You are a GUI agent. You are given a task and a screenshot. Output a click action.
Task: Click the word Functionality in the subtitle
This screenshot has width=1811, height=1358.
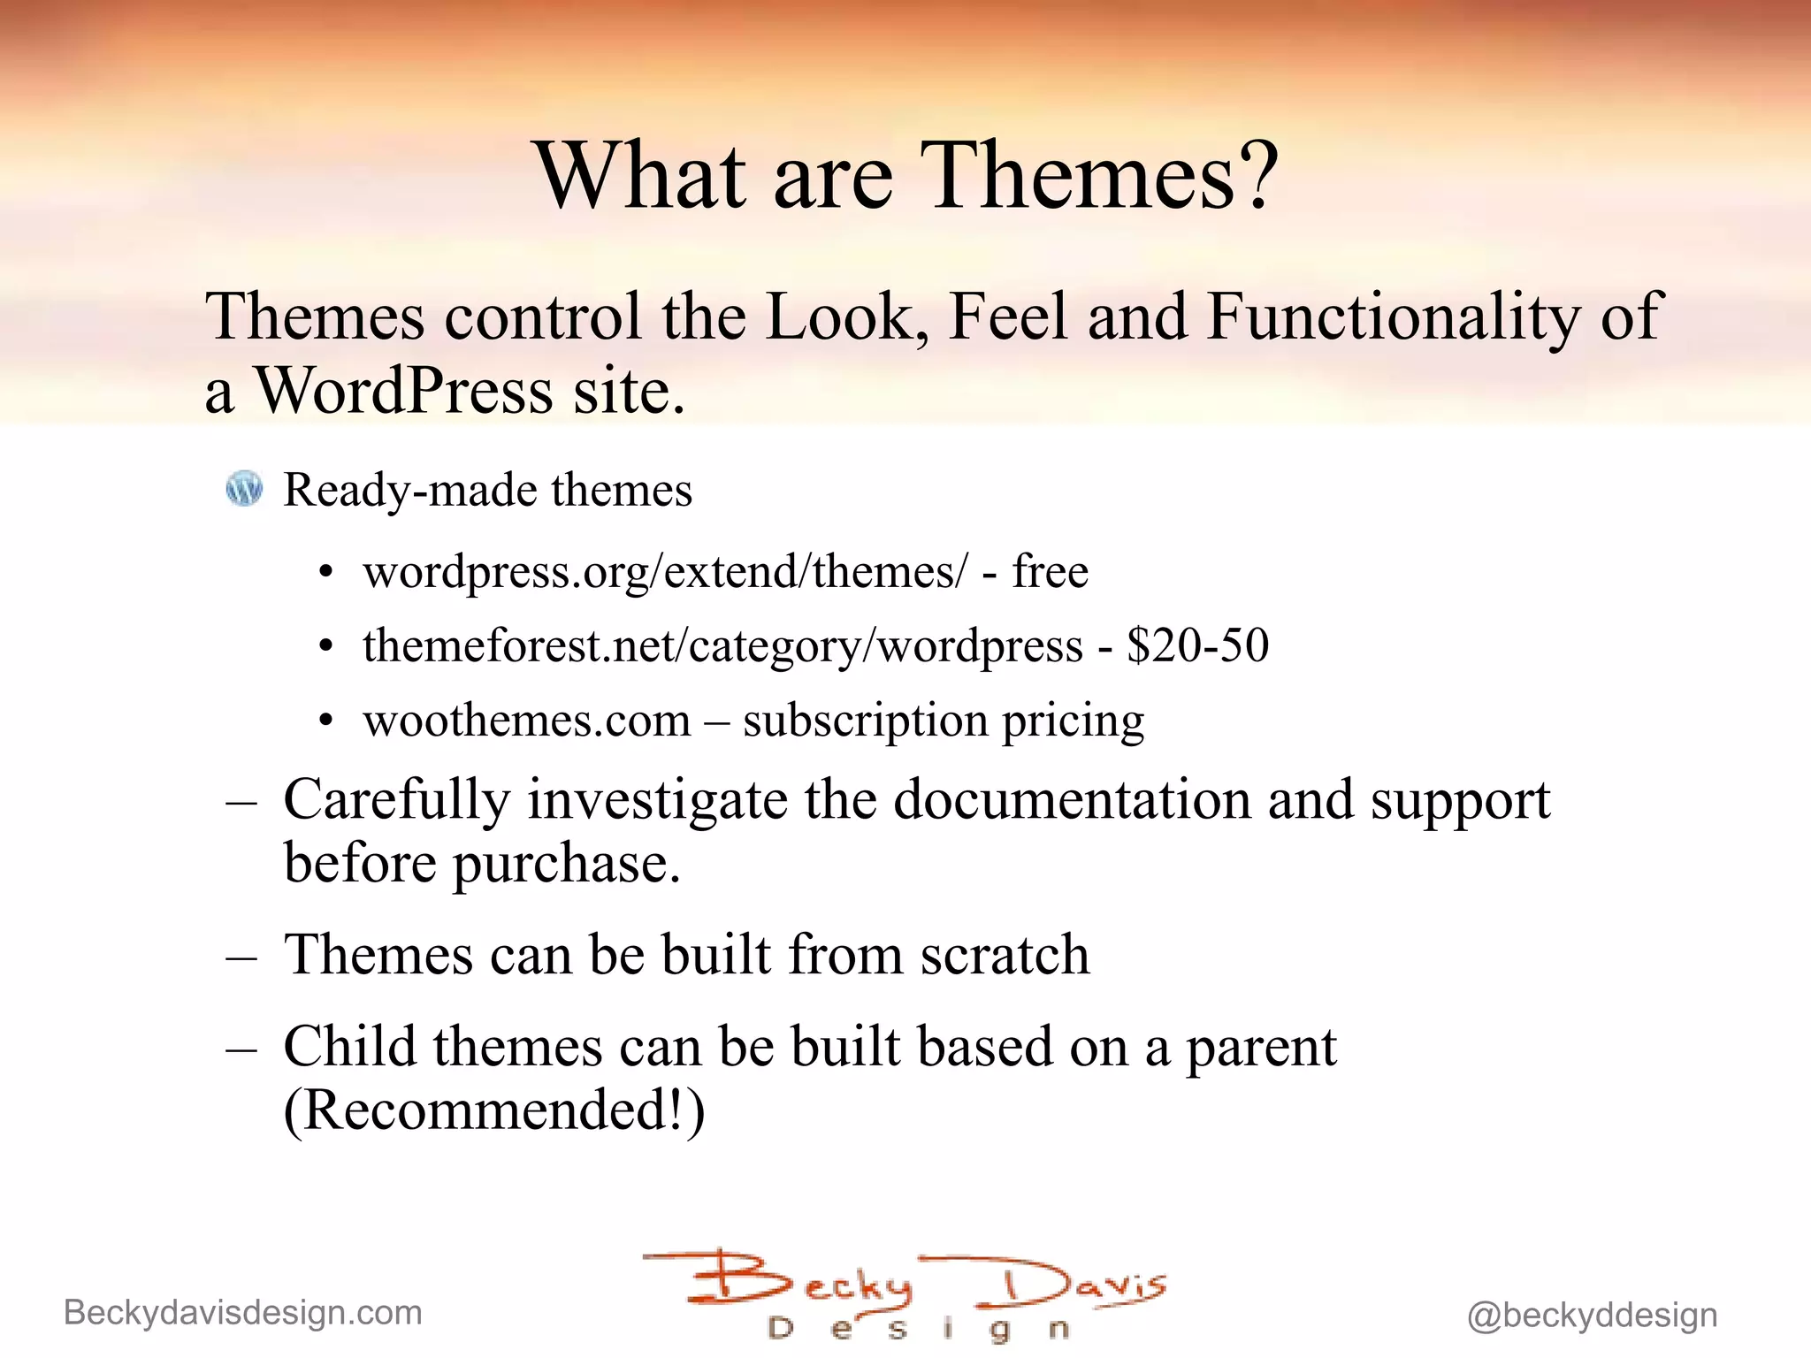click(1393, 317)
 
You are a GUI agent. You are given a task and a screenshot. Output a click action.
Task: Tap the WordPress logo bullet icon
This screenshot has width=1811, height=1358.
click(244, 488)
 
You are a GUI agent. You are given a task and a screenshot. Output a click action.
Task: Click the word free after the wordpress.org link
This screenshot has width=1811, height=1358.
click(1050, 571)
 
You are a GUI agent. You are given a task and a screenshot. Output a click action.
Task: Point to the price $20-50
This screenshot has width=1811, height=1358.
click(1197, 645)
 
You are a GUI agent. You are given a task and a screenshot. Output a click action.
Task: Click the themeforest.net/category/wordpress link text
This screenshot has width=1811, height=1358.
click(722, 646)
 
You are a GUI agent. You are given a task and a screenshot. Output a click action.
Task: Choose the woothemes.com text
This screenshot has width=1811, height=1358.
click(527, 721)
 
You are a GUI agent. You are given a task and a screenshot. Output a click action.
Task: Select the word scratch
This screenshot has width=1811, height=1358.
click(1005, 956)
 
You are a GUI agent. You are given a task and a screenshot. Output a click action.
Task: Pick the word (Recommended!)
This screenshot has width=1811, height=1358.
click(494, 1110)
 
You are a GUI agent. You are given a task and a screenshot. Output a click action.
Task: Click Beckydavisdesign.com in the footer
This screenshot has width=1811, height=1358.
click(243, 1313)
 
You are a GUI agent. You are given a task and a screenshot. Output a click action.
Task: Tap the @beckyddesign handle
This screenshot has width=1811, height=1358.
click(1592, 1316)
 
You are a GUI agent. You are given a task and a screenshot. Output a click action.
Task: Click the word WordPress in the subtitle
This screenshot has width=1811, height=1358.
click(403, 391)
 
